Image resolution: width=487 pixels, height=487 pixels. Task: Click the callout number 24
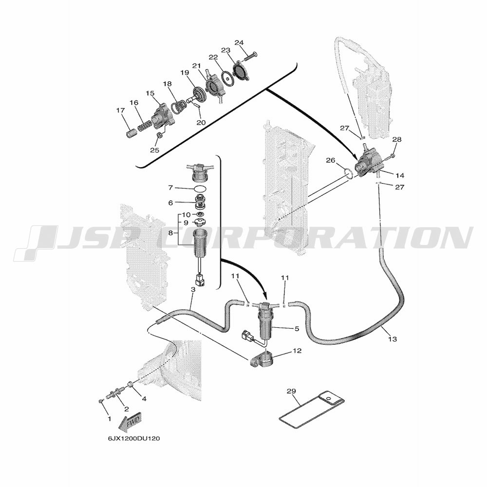[x=239, y=42]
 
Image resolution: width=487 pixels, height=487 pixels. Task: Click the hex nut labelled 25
[x=158, y=135]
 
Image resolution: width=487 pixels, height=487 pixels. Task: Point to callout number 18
[x=167, y=84]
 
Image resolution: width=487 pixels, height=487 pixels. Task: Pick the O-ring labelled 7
[x=199, y=188]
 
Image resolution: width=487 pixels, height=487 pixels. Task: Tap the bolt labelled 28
[x=390, y=157]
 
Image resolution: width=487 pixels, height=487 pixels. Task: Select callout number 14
[x=400, y=175]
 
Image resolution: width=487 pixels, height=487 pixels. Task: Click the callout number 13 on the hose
[x=393, y=339]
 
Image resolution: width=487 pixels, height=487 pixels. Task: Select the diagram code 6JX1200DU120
[x=134, y=439]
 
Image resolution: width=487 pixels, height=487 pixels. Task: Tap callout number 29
[x=291, y=392]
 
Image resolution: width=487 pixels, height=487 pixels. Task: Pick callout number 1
[x=109, y=419]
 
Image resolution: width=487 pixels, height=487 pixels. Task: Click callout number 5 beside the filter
[x=297, y=328]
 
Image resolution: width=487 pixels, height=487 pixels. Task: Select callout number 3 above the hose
[x=193, y=289]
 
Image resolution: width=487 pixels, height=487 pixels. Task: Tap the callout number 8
[x=170, y=233]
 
